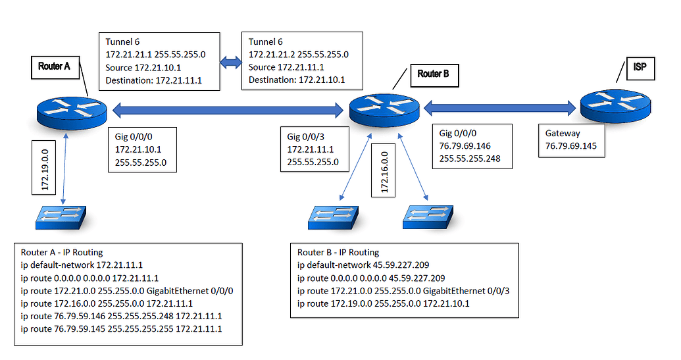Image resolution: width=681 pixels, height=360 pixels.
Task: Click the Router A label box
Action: pos(55,66)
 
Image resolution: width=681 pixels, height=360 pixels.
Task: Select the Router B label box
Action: pos(433,74)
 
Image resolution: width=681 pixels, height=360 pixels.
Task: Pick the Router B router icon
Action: pos(385,109)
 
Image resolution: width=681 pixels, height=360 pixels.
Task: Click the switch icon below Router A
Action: pos(61,217)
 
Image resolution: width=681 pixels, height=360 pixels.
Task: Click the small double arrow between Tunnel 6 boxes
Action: pos(231,63)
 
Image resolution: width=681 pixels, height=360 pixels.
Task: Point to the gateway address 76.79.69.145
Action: pos(570,145)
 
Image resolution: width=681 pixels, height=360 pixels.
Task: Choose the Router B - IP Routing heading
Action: pos(338,252)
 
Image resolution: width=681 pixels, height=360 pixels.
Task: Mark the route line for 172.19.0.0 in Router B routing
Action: pos(383,303)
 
